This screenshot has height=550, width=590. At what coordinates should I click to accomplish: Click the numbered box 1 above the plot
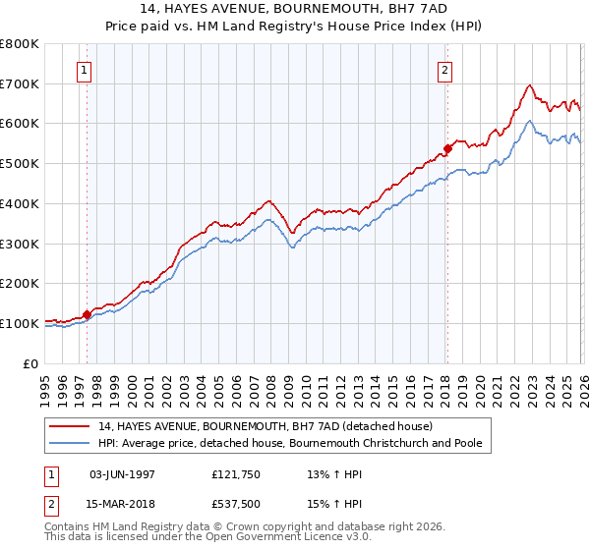pos(86,70)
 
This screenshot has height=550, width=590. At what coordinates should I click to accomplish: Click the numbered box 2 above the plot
pos(445,70)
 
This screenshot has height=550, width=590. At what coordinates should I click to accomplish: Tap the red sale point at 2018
pos(446,148)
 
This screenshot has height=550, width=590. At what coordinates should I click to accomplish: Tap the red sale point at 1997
pos(87,314)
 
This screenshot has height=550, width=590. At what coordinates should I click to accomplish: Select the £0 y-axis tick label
pos(30,363)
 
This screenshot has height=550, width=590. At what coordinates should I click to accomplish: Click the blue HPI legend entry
pos(290,444)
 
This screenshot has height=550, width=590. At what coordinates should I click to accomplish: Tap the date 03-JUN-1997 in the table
pos(122,473)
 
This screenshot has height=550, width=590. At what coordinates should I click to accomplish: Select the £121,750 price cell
pos(235,473)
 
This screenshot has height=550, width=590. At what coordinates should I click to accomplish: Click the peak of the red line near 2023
pos(529,84)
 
